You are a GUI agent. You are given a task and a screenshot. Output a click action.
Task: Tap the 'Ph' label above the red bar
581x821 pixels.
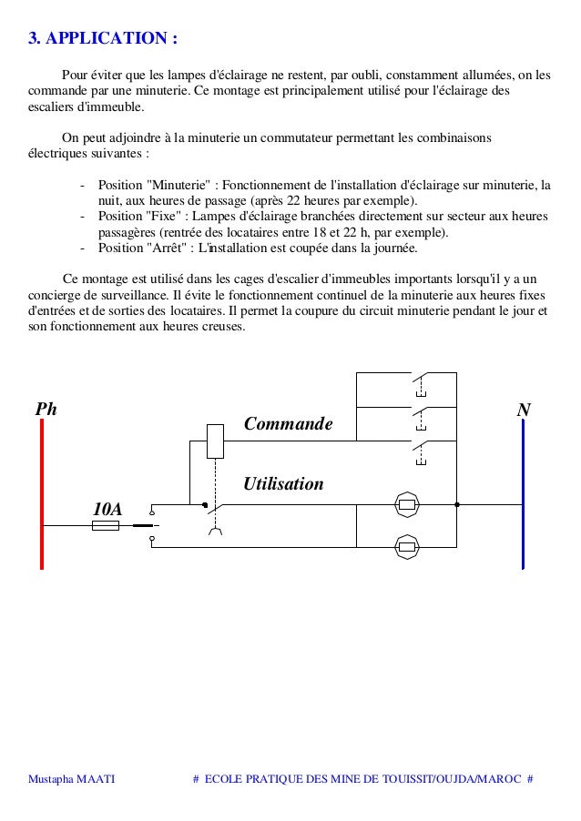[x=46, y=410]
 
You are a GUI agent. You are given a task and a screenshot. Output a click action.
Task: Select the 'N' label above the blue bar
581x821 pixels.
[x=524, y=410]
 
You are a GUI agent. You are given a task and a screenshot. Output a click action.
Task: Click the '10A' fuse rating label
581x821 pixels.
[x=107, y=508]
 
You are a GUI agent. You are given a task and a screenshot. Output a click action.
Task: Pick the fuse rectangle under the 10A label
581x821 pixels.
[x=106, y=525]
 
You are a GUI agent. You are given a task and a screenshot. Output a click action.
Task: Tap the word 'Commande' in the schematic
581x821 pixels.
[x=289, y=424]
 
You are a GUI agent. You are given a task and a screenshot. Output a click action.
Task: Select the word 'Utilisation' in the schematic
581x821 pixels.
[x=282, y=484]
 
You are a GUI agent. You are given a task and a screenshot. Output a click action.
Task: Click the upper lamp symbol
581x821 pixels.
[x=407, y=504]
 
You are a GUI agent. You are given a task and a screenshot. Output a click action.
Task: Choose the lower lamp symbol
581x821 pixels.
[x=407, y=547]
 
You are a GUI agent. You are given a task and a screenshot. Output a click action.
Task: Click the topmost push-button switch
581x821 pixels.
[x=420, y=380]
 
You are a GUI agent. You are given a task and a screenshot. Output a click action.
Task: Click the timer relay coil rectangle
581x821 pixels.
[x=216, y=441]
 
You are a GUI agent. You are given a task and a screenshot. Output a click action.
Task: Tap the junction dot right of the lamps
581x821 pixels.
[x=457, y=504]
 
